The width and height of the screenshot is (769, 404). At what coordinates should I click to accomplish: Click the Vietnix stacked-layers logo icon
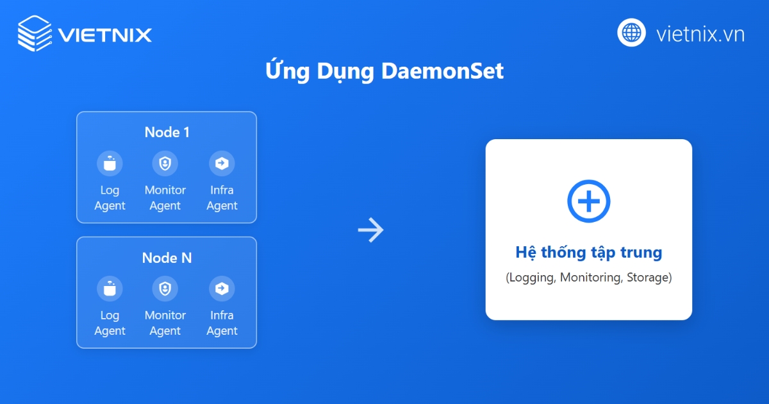point(35,33)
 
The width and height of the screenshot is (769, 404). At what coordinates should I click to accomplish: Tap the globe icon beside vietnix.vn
point(631,32)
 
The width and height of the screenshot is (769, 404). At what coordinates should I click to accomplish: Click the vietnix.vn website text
point(700,33)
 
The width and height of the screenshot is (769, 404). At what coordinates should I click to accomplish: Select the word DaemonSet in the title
point(442,71)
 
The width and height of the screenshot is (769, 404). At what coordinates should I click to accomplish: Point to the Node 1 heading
point(167,132)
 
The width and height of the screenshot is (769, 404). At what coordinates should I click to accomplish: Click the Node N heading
point(167,258)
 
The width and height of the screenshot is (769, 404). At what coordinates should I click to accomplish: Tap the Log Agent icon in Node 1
point(110,163)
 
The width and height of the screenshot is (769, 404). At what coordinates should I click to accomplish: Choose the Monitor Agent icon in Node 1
point(165,163)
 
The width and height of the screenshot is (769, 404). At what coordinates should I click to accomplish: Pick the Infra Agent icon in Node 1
point(222,163)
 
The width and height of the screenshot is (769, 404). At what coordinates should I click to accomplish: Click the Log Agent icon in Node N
point(110,289)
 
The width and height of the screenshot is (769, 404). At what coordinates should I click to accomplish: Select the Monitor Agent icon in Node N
point(165,289)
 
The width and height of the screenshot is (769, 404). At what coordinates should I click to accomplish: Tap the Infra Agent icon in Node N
point(222,289)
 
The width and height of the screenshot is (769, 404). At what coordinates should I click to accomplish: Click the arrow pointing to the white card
point(371,230)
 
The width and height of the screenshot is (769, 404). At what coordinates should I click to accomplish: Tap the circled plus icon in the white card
point(588,201)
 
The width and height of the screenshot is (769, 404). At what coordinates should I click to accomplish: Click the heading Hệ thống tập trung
point(588,252)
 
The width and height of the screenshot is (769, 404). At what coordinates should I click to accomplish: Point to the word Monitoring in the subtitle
point(590,278)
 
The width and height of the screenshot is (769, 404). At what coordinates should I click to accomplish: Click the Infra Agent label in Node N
point(222,323)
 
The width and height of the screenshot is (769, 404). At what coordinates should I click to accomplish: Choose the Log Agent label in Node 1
point(110,198)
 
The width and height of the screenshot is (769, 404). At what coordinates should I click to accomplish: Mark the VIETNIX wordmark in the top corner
point(104,34)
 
